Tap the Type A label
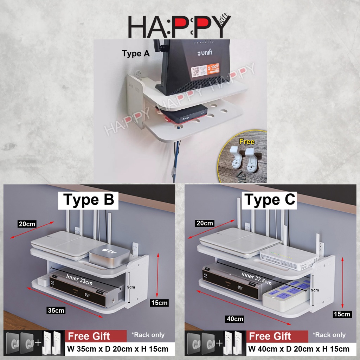coord(136,54)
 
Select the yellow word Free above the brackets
coord(247,142)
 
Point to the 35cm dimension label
coord(56,310)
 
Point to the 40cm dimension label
coord(235,319)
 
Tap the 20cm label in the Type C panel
coord(205,223)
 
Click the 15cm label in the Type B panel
coord(159,302)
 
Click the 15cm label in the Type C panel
coord(342,314)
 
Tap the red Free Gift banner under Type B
coord(96,336)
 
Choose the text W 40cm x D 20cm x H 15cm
coord(299,349)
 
